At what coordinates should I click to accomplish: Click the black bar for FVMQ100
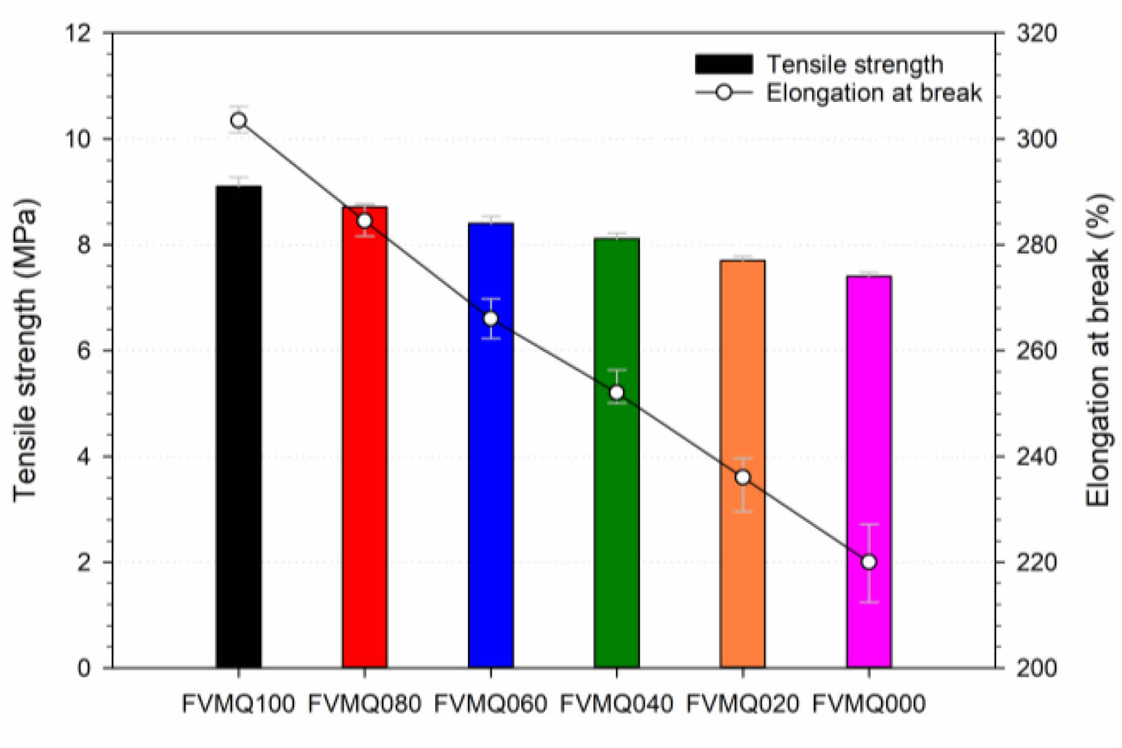point(238,427)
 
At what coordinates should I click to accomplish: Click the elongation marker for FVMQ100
point(238,121)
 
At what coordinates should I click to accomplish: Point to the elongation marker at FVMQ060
point(491,319)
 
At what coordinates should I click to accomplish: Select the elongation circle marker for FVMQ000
point(869,562)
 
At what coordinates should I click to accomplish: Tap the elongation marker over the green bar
point(617,393)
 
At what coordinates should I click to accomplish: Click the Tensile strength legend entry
point(819,64)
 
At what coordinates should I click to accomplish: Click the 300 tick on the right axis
point(1037,139)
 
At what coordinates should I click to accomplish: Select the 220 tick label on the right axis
point(1037,563)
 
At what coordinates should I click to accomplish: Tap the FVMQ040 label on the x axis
point(617,704)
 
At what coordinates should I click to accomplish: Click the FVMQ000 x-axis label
point(869,704)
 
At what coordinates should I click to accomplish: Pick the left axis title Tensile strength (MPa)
point(25,351)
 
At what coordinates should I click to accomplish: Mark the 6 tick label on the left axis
point(83,351)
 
